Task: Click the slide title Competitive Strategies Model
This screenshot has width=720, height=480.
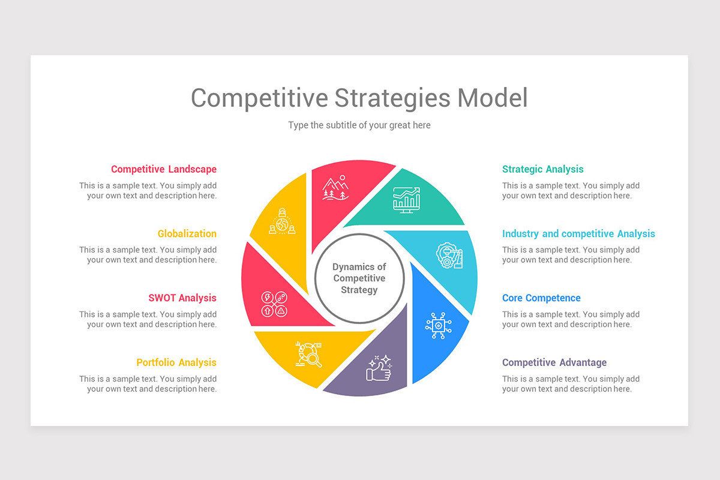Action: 359,98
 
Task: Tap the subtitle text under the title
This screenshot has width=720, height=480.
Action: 359,125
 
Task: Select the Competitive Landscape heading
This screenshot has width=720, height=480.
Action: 163,169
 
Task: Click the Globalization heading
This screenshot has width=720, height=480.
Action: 187,233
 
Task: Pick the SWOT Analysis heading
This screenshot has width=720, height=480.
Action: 182,298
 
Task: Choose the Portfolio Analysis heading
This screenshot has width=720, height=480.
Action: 176,362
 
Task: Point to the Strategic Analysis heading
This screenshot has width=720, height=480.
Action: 542,169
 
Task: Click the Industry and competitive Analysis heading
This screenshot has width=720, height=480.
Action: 578,233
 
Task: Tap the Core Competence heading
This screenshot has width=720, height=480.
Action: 541,298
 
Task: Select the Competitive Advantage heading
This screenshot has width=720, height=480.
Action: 554,362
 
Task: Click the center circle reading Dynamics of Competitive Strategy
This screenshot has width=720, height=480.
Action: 359,278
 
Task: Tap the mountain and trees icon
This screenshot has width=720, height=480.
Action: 335,187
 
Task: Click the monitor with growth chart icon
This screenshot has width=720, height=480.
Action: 406,199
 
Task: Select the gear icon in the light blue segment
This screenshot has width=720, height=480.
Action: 449,255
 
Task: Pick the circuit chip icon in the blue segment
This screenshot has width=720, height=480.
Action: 439,325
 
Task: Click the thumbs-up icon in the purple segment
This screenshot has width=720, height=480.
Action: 379,368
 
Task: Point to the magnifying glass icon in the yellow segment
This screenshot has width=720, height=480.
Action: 310,354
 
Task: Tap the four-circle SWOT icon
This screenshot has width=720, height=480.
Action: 274,304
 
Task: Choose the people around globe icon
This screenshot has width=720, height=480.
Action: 282,221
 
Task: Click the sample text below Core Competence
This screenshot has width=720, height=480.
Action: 571,319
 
